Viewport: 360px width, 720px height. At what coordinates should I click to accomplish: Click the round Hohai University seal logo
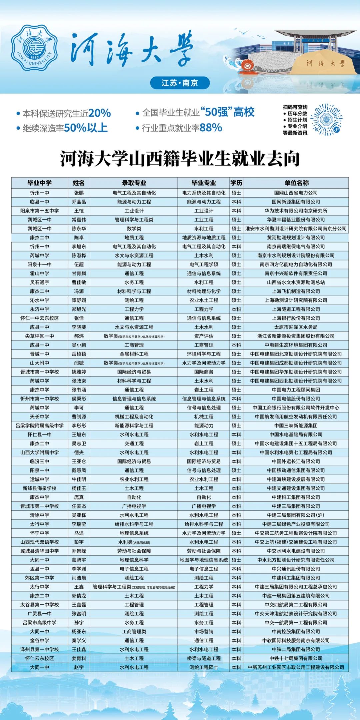[35, 48]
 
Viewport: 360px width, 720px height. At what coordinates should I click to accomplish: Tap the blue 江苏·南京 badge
[180, 83]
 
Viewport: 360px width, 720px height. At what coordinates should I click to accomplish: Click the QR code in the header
[326, 119]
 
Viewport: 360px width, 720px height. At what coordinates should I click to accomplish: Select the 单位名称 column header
[296, 183]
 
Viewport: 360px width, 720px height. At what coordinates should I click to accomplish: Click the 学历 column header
[236, 183]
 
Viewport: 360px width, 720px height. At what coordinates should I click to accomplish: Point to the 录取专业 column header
[134, 183]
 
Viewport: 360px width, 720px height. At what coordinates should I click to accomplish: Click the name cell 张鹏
[79, 193]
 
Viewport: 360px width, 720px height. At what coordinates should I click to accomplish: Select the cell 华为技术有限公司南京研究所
[296, 211]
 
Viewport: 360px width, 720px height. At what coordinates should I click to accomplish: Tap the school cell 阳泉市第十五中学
[39, 211]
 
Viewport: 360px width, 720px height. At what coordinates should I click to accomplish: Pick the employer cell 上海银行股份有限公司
[296, 318]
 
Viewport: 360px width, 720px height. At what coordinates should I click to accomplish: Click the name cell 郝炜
[79, 336]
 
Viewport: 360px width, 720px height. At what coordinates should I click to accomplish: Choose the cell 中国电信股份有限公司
[296, 399]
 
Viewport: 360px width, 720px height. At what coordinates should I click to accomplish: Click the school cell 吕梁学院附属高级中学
[39, 425]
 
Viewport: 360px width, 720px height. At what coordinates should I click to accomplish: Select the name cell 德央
[79, 452]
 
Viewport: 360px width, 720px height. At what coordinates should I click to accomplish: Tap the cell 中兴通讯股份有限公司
[296, 569]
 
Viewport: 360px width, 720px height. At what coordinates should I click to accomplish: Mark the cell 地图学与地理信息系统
[204, 560]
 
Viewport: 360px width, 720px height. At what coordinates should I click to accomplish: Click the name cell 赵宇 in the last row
[79, 667]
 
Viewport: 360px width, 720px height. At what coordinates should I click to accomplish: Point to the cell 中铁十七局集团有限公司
[296, 658]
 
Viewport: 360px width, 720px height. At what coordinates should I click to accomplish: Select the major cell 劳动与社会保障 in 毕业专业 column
[204, 551]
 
